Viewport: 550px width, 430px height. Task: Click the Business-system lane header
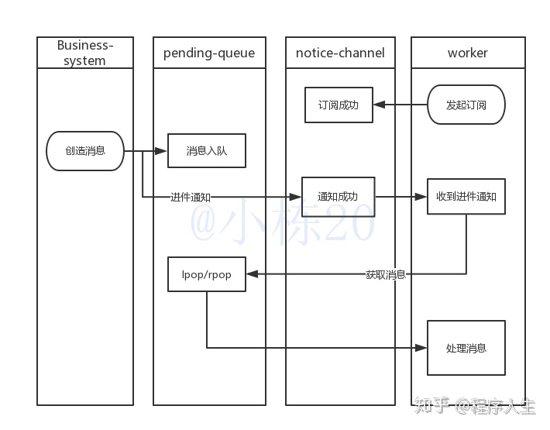tap(85, 53)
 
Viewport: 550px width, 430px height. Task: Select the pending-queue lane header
tap(209, 53)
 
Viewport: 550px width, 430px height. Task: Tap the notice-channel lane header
tap(339, 53)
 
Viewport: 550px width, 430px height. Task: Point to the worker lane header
tap(468, 53)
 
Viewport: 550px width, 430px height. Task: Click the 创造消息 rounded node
tap(85, 151)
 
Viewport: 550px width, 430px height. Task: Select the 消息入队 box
tap(207, 151)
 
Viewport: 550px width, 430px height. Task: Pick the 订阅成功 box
tap(339, 105)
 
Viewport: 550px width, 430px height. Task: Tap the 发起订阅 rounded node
tap(466, 105)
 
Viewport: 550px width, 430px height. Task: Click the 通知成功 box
tap(338, 197)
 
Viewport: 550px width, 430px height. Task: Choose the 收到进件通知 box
tap(466, 197)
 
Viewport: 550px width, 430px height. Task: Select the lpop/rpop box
tap(207, 274)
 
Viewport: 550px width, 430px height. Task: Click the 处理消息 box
tap(466, 348)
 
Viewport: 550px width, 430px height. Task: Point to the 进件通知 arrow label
tap(191, 198)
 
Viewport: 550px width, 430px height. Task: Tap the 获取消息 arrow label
tap(386, 274)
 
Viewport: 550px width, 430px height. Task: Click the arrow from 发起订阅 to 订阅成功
tap(400, 105)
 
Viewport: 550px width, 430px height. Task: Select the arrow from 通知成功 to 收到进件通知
tap(401, 197)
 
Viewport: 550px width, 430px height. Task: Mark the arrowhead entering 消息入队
tap(163, 151)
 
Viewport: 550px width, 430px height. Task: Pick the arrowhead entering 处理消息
tap(422, 348)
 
